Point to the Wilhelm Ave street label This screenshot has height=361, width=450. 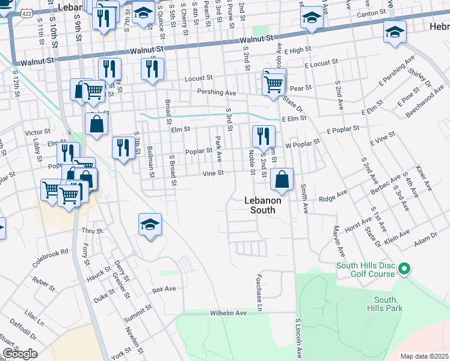[229, 313]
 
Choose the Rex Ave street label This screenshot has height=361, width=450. [164, 289]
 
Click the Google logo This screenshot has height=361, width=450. [19, 354]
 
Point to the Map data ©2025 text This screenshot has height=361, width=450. [424, 356]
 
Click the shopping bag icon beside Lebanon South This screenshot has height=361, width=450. [282, 179]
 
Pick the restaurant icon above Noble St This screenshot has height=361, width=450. [262, 136]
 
